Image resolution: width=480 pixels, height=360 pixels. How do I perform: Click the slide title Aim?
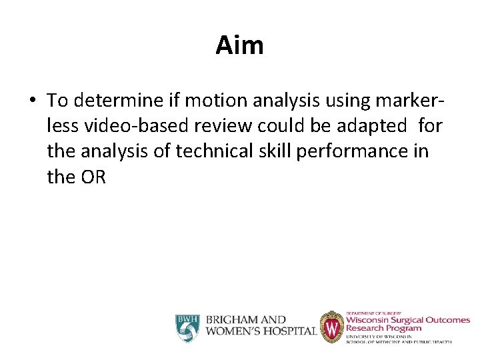pyautogui.click(x=239, y=45)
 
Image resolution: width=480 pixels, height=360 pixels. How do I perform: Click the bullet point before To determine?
pyautogui.click(x=33, y=101)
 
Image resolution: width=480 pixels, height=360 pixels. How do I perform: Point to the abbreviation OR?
pyautogui.click(x=93, y=177)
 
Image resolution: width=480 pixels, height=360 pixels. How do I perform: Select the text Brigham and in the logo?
pyautogui.click(x=246, y=321)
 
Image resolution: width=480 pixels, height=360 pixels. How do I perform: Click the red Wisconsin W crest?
pyautogui.click(x=331, y=327)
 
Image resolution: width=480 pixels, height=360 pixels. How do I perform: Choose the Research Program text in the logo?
pyautogui.click(x=383, y=328)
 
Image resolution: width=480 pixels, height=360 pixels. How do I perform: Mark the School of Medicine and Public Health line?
pyautogui.click(x=399, y=341)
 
